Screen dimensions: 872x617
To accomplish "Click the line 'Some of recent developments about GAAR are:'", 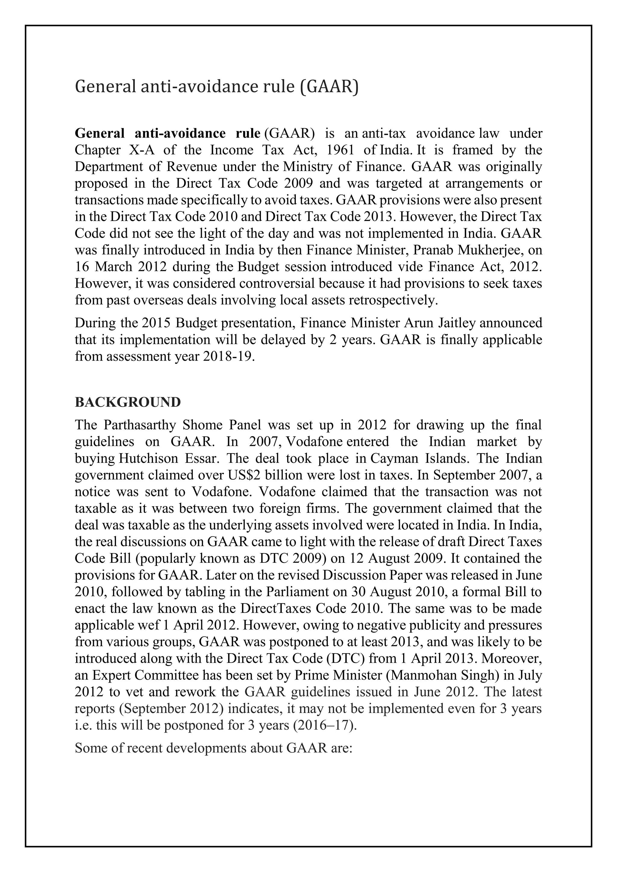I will pyautogui.click(x=214, y=748).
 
